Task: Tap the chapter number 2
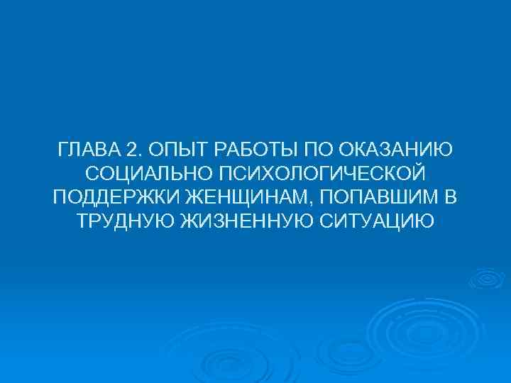coord(131,150)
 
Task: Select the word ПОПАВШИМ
coord(378,197)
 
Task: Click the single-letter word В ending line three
coord(452,197)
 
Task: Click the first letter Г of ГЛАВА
coord(63,150)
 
